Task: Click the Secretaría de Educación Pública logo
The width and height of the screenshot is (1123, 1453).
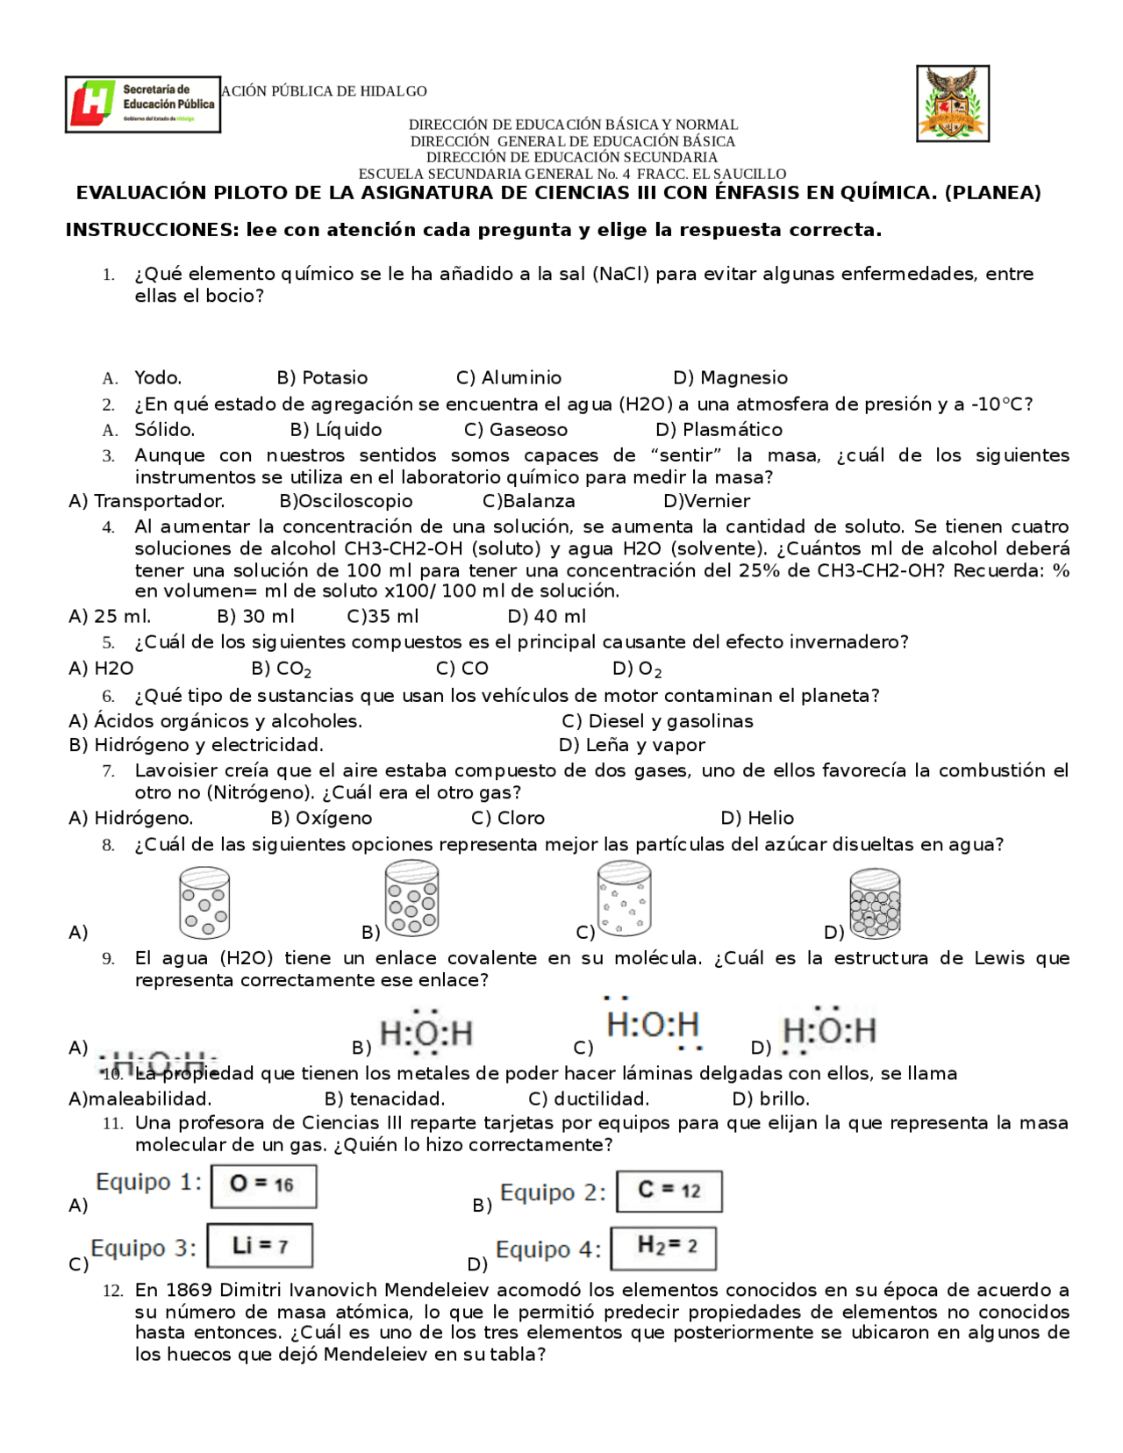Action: (142, 104)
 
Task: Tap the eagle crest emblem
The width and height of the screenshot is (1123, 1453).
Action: (952, 104)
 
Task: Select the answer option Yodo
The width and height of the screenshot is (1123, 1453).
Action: (158, 378)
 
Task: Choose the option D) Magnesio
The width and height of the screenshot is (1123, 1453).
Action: (730, 378)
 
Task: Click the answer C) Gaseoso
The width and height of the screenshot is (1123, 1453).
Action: (516, 430)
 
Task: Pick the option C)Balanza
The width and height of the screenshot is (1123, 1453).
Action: (529, 501)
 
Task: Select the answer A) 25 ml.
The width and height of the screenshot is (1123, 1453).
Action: (110, 617)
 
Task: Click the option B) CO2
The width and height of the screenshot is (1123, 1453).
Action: (281, 669)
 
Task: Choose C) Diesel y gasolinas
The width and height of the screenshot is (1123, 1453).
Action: (657, 721)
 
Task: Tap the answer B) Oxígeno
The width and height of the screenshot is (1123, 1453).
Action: (321, 818)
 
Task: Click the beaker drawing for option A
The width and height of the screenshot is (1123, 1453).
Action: (204, 903)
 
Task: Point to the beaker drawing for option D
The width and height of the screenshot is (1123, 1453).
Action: (875, 904)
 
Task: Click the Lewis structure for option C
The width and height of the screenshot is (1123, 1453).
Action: (654, 1024)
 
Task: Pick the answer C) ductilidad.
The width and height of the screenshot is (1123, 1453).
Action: (589, 1099)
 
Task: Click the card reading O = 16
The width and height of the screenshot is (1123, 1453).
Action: (263, 1185)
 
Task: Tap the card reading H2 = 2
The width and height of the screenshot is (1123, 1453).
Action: (664, 1248)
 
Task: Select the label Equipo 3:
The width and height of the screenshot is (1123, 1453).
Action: (144, 1248)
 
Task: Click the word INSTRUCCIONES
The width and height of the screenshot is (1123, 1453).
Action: (151, 231)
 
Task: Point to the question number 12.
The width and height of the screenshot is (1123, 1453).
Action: (111, 1291)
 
